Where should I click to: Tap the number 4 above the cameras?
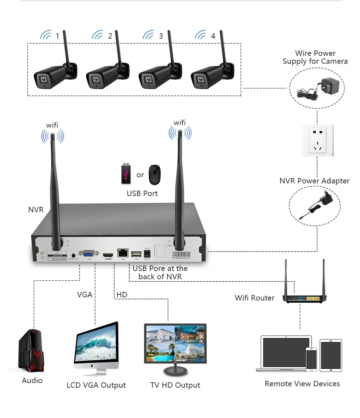point(213,36)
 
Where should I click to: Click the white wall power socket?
point(318,140)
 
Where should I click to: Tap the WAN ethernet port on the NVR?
point(123,253)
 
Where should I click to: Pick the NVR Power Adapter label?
point(314,181)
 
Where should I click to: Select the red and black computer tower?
point(31,351)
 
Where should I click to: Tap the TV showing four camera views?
point(175,344)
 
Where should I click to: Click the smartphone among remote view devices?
point(311,359)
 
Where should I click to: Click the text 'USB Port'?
point(142,194)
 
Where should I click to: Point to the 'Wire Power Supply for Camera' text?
point(315,57)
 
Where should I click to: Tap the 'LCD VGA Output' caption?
point(96,385)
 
